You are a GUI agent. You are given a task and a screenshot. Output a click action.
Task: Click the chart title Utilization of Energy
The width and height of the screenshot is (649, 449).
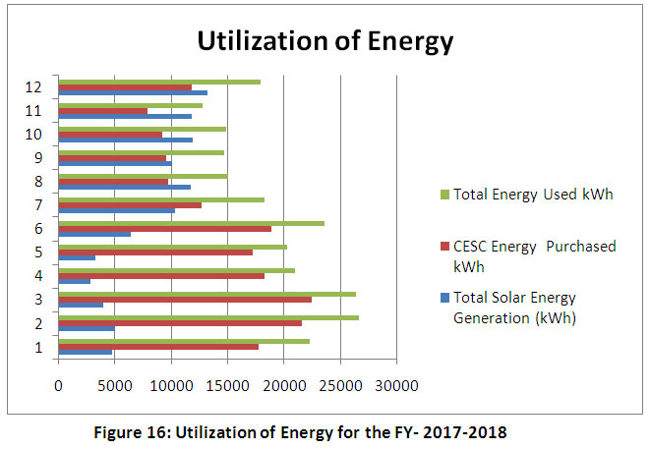tap(325, 42)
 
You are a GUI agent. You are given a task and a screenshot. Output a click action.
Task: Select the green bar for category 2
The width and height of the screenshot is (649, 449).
tap(208, 317)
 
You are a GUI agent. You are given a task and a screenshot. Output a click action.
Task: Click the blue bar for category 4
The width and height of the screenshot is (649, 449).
tap(75, 281)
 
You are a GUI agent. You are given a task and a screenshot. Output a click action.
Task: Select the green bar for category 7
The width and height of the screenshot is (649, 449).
tap(161, 199)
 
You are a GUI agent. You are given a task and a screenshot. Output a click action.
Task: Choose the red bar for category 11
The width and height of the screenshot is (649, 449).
tap(103, 110)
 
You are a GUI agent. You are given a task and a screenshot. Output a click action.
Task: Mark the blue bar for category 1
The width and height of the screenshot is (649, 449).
tap(86, 352)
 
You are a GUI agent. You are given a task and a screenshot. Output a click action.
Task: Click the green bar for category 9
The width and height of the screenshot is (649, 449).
tap(142, 152)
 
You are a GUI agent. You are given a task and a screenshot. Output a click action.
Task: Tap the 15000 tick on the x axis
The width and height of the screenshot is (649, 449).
tap(228, 385)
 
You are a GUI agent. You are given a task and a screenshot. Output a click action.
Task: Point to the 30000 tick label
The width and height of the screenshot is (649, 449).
tap(396, 385)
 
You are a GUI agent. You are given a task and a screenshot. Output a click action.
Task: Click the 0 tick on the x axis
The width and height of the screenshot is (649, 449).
tap(59, 385)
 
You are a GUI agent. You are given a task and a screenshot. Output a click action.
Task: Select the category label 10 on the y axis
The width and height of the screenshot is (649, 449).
tap(34, 134)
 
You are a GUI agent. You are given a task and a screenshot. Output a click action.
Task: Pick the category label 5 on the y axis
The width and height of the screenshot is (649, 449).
tap(38, 252)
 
